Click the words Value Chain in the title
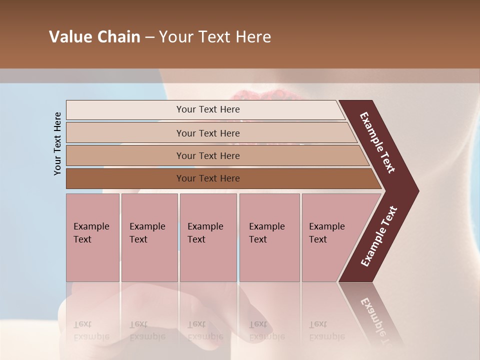click(94, 37)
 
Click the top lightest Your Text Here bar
click(207, 109)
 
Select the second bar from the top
click(207, 133)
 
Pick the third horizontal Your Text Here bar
click(207, 155)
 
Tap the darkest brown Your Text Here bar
click(207, 178)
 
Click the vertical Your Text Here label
click(57, 143)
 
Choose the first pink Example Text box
click(92, 237)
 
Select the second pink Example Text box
click(149, 237)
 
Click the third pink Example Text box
click(208, 237)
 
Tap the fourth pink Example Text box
click(269, 237)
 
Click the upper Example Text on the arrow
click(377, 142)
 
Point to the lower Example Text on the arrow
click(378, 236)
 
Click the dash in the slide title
click(149, 37)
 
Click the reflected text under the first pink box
click(91, 330)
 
